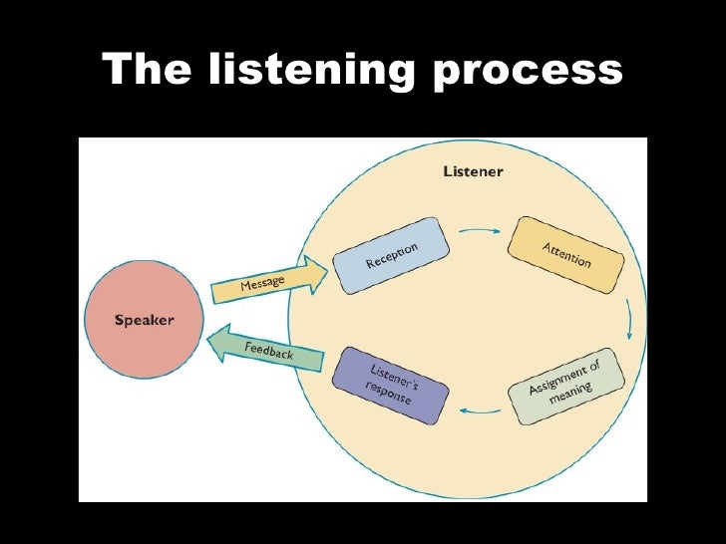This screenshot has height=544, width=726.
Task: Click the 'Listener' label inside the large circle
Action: coord(473,171)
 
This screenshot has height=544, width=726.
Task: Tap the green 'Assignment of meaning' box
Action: coord(564,387)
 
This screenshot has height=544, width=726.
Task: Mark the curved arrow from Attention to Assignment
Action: coord(629,320)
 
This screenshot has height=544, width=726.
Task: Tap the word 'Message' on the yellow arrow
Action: coord(262,284)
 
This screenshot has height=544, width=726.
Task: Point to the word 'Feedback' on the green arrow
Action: coord(269,349)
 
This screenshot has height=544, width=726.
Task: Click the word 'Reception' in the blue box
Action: coord(391,254)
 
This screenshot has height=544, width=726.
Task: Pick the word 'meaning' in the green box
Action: coord(569,393)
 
